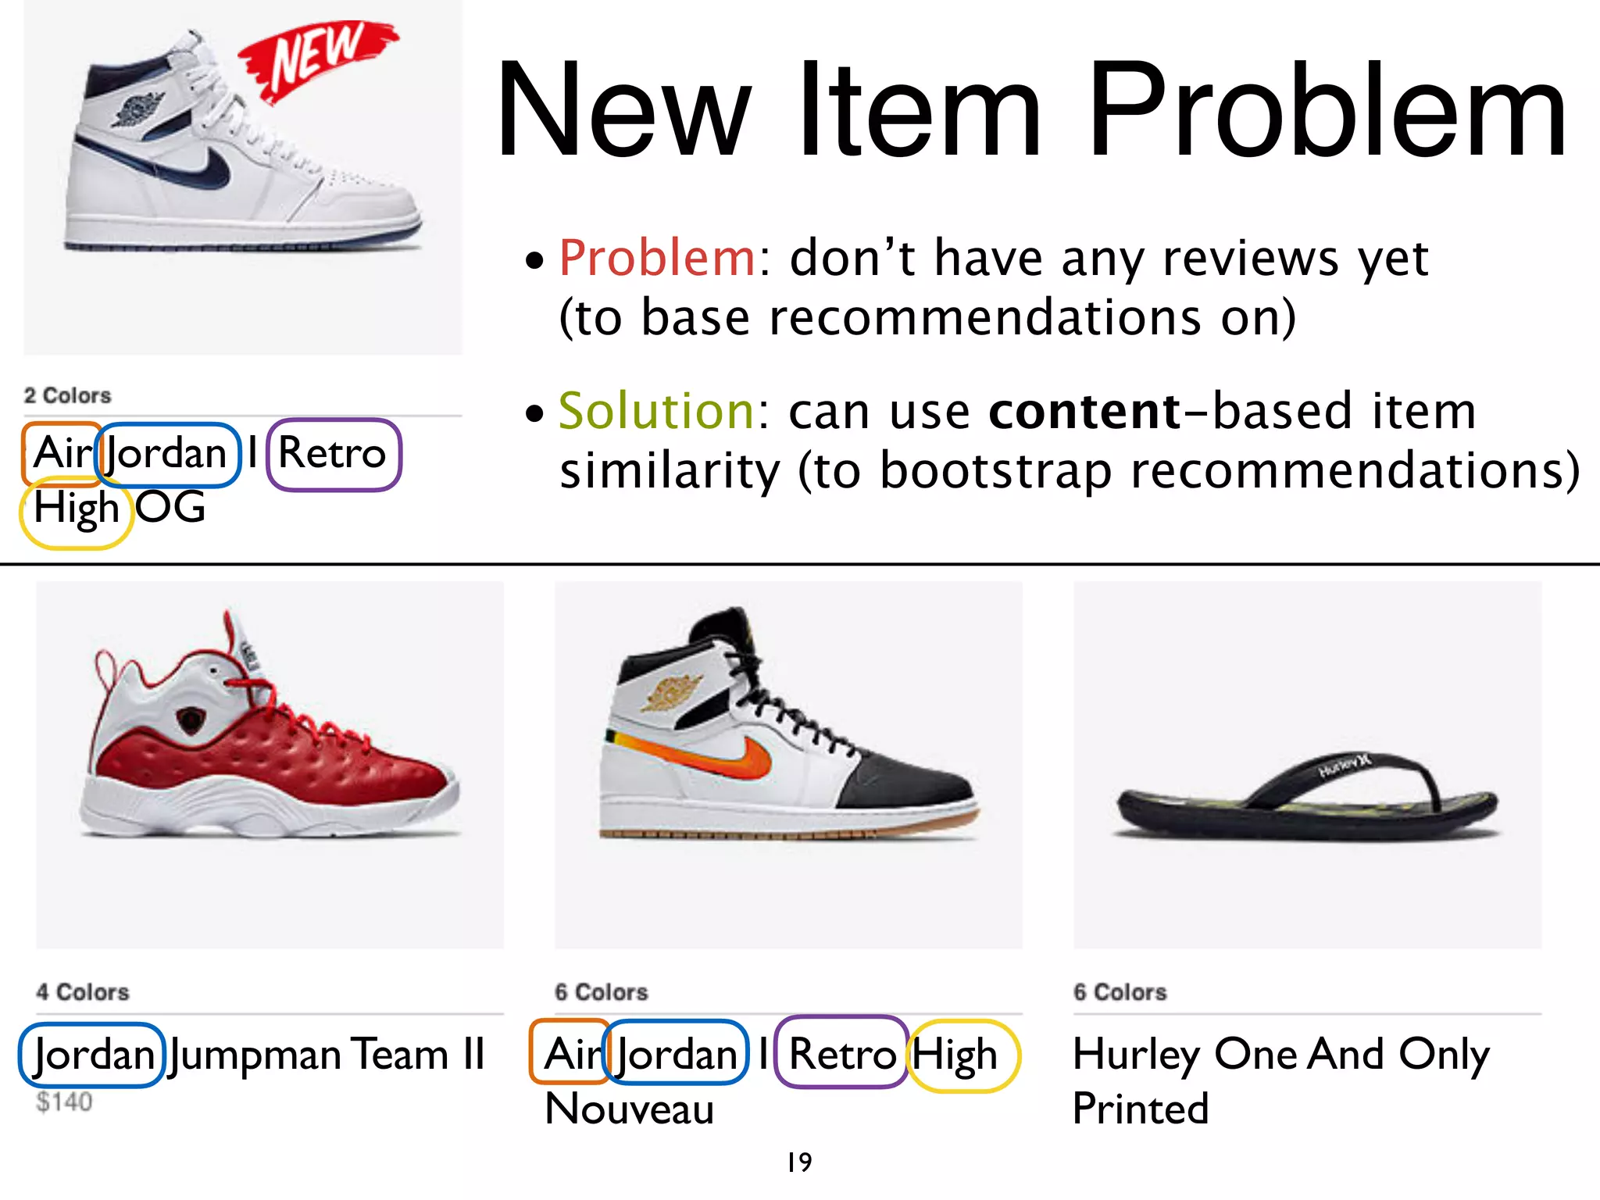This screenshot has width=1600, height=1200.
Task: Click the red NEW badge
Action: pos(316,59)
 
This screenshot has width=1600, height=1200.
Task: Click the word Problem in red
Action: pos(656,258)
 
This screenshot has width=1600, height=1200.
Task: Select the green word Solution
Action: pos(655,411)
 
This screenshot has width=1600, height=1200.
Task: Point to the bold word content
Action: pos(1084,411)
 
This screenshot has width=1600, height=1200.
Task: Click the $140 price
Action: pos(64,1102)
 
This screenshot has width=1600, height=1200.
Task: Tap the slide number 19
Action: pos(799,1162)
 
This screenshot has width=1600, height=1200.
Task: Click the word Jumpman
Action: pos(256,1055)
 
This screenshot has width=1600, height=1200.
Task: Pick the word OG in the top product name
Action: pos(170,508)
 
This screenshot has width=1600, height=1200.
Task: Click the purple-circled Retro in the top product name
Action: pos(333,453)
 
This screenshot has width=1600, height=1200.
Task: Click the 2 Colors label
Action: pos(67,395)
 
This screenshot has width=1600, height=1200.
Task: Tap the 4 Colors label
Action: pos(82,992)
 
